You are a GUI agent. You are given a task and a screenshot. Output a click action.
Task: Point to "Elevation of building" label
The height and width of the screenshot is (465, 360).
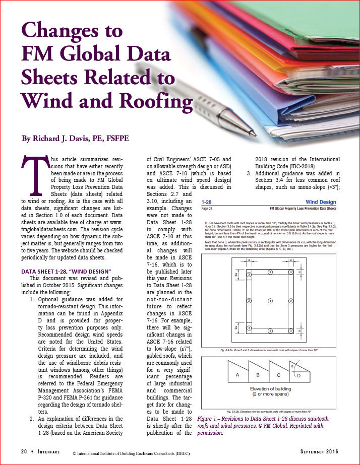coord(272,388)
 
